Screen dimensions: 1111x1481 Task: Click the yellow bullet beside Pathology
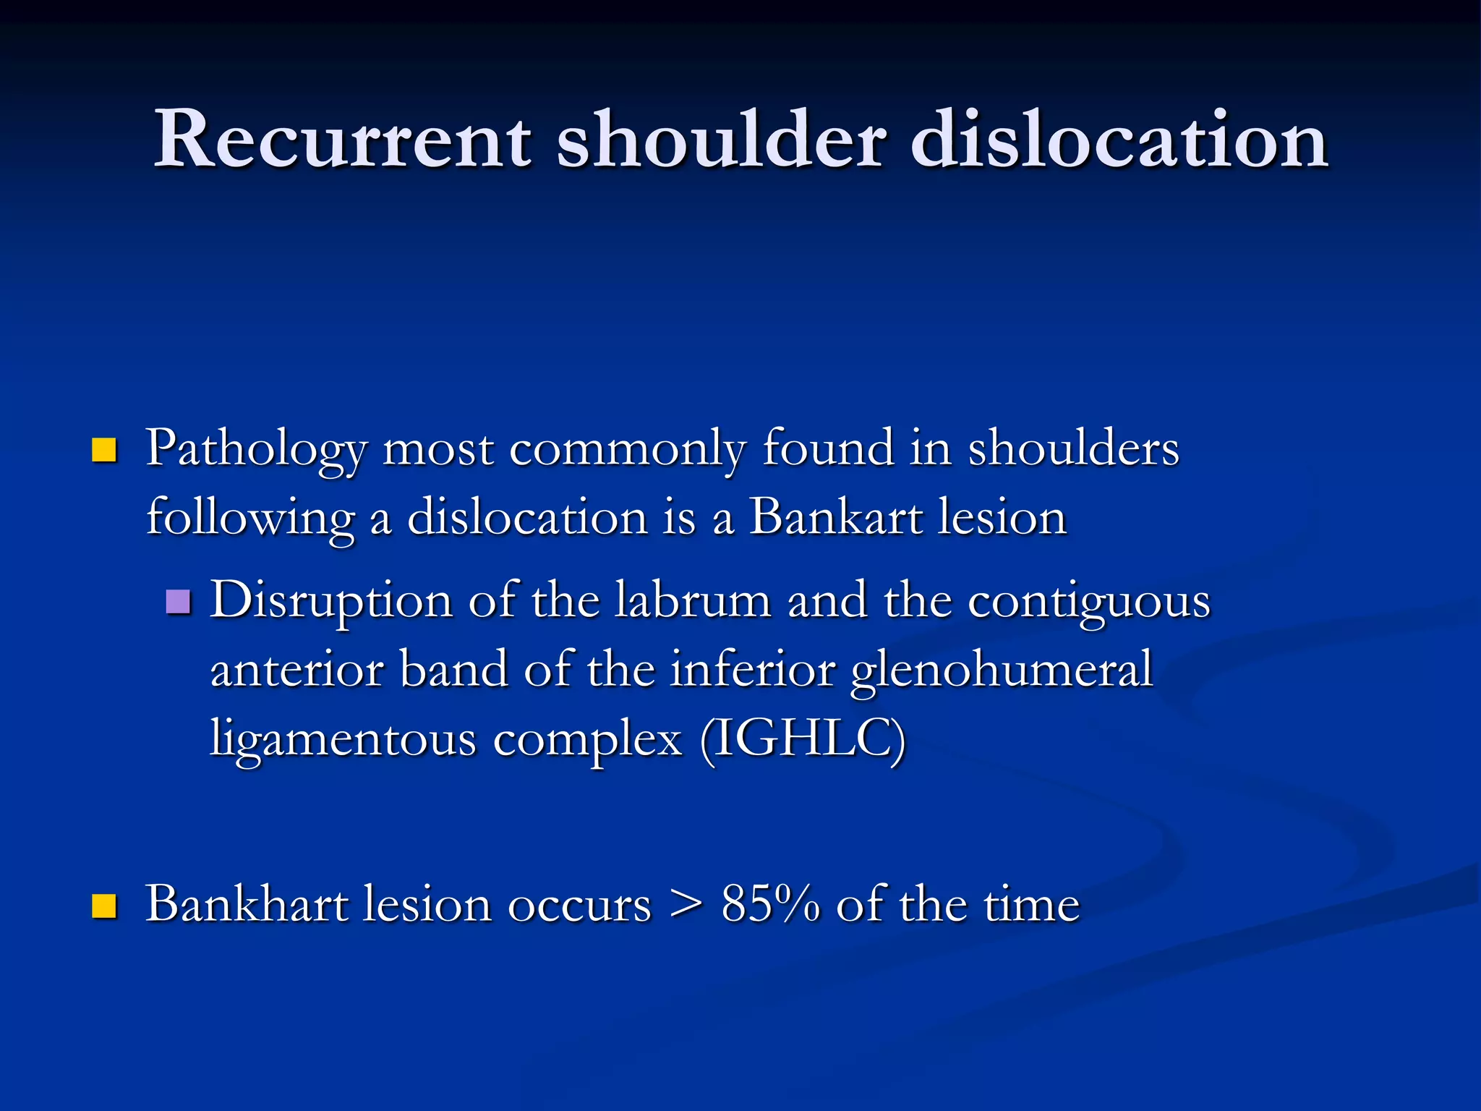click(x=104, y=450)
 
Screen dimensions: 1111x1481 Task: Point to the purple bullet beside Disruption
click(x=178, y=601)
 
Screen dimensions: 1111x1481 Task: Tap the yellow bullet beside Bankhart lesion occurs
click(x=104, y=906)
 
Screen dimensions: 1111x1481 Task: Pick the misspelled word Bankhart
click(x=246, y=904)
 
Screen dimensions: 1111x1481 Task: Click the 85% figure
click(x=770, y=904)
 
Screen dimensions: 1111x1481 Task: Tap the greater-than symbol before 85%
click(x=686, y=906)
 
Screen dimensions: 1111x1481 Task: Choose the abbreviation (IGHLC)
click(x=803, y=739)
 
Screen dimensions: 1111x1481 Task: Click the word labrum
click(x=693, y=600)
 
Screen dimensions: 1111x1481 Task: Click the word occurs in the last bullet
click(x=579, y=906)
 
